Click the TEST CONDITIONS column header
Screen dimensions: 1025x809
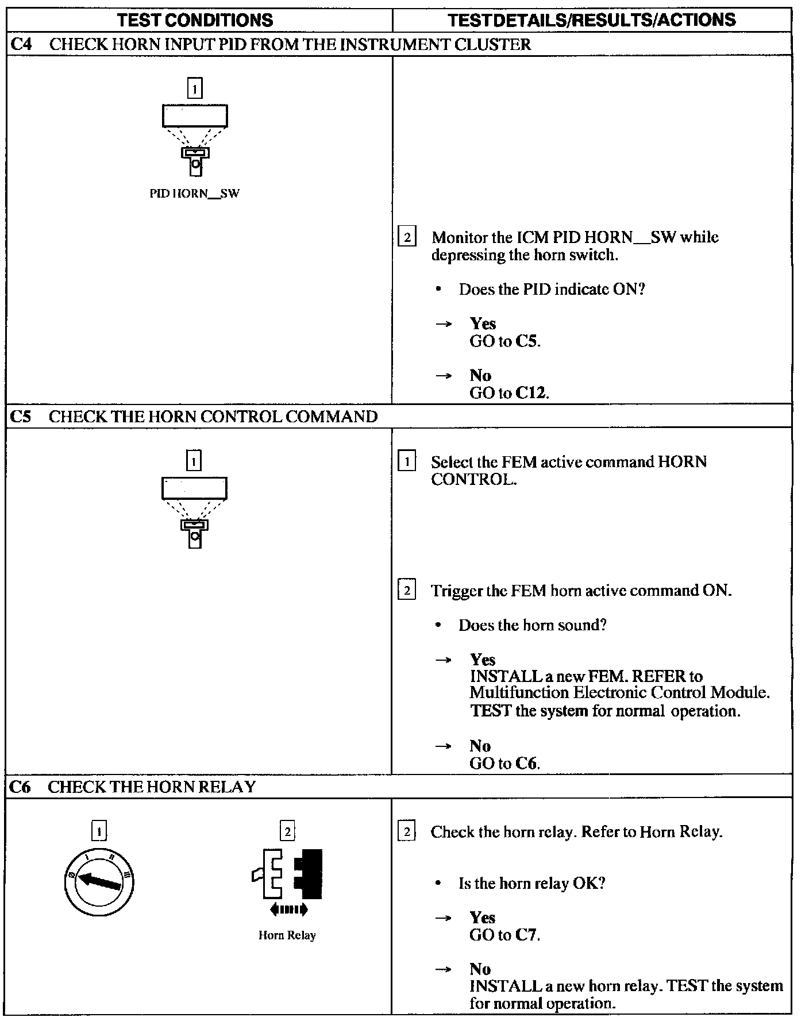coord(195,20)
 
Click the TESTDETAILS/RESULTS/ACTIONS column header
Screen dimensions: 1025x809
coord(591,20)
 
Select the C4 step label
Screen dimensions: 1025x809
coord(21,44)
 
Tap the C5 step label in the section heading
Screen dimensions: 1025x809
coord(21,417)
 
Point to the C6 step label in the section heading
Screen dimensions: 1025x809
coord(21,787)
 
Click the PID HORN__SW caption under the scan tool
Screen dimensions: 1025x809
coord(194,194)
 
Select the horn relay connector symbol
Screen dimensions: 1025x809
coord(287,874)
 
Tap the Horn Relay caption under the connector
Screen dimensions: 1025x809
coord(287,935)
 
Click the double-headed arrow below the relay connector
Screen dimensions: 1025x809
coord(288,909)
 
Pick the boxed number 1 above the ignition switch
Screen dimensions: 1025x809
coord(99,831)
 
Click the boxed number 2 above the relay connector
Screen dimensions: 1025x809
coord(287,831)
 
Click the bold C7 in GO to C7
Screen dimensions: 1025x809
coord(526,935)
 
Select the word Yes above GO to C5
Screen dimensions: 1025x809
coord(483,323)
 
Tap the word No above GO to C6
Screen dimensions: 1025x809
coord(480,746)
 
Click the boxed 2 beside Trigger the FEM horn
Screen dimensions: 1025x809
coord(407,591)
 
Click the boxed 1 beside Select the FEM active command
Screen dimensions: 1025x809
coord(407,462)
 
